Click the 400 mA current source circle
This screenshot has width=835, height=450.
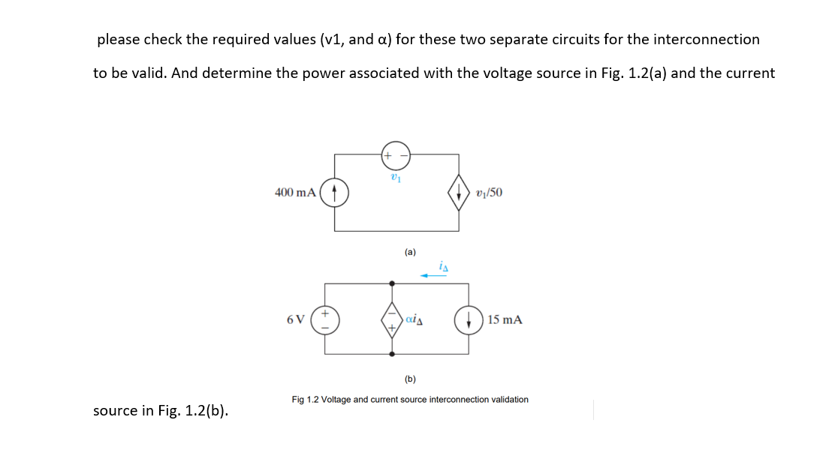pos(335,192)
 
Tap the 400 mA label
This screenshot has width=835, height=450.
pos(295,193)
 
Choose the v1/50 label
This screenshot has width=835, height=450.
pos(490,193)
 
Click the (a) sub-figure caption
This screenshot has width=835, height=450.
pos(410,253)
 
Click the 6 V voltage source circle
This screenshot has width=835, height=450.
pos(325,319)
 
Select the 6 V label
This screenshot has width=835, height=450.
pos(296,319)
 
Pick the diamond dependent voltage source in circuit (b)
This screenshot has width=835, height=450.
pos(392,319)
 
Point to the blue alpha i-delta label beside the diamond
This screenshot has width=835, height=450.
pos(414,319)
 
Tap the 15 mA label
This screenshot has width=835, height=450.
pos(505,319)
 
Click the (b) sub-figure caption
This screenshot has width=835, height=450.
pos(410,379)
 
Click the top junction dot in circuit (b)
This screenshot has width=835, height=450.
pos(392,283)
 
